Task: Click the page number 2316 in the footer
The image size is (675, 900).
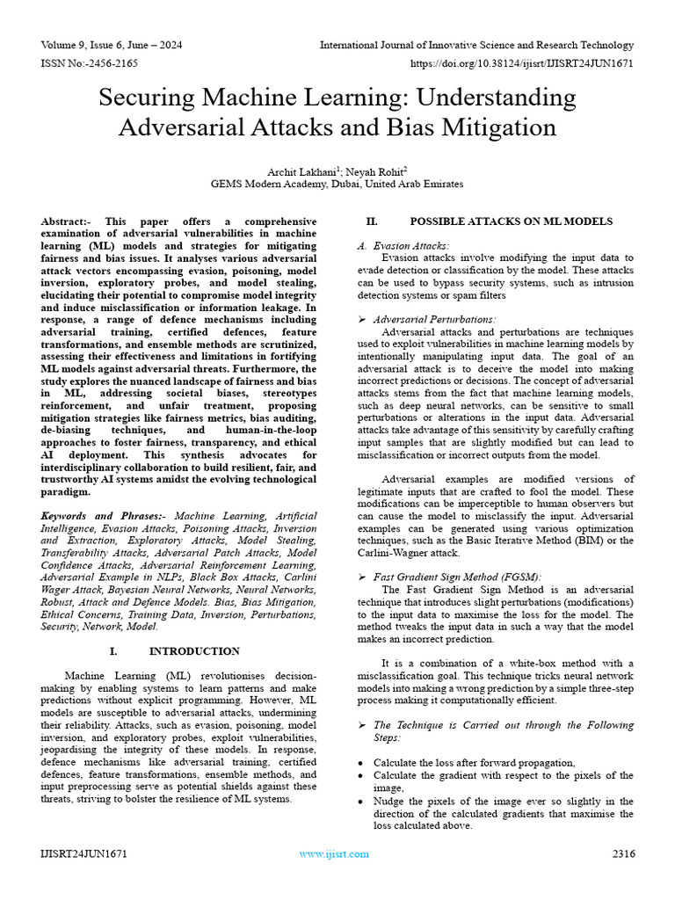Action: [623, 853]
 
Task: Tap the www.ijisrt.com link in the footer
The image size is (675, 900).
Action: [334, 853]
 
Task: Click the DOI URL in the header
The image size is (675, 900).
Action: [522, 64]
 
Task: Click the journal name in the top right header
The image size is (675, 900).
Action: [476, 45]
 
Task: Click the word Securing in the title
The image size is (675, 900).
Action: [150, 97]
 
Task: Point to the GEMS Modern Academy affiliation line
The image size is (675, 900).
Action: [337, 185]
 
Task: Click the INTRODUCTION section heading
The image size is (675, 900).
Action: [193, 651]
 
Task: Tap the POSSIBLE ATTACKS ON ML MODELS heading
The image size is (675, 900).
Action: [512, 221]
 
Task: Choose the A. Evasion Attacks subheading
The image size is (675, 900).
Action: [403, 246]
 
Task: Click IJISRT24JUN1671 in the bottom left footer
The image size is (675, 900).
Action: [83, 853]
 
